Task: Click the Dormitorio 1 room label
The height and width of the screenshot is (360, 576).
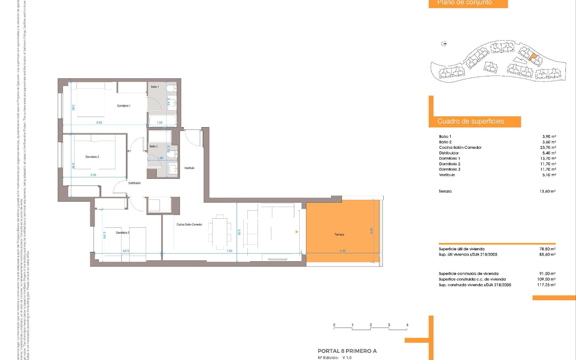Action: click(x=124, y=106)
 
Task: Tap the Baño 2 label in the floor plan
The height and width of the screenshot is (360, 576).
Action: click(x=154, y=146)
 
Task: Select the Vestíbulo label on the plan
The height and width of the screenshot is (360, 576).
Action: click(x=189, y=168)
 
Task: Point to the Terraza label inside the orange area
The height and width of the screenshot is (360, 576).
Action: click(x=339, y=235)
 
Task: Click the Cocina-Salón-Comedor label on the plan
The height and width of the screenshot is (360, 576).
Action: click(x=189, y=224)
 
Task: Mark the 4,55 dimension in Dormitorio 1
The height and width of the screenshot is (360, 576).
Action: click(x=99, y=122)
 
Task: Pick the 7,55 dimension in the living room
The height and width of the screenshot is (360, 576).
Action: click(x=229, y=251)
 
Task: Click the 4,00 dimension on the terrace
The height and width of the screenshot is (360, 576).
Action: click(x=343, y=251)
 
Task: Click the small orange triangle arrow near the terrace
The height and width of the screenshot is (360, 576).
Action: click(x=297, y=232)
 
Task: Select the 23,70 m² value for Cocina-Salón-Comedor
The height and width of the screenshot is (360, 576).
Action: click(x=548, y=148)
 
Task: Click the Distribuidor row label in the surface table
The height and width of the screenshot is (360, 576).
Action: click(x=449, y=153)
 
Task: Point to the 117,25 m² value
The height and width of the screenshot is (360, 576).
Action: click(x=546, y=285)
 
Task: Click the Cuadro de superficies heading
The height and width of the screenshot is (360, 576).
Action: click(x=471, y=121)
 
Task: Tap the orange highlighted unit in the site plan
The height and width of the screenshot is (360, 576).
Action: click(x=532, y=57)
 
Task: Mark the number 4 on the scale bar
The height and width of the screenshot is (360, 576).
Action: click(x=407, y=325)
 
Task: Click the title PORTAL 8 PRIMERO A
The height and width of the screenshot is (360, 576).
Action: click(x=347, y=351)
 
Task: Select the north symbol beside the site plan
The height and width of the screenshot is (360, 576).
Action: click(x=444, y=44)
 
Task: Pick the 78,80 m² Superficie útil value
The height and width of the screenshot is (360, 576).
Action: click(x=547, y=249)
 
